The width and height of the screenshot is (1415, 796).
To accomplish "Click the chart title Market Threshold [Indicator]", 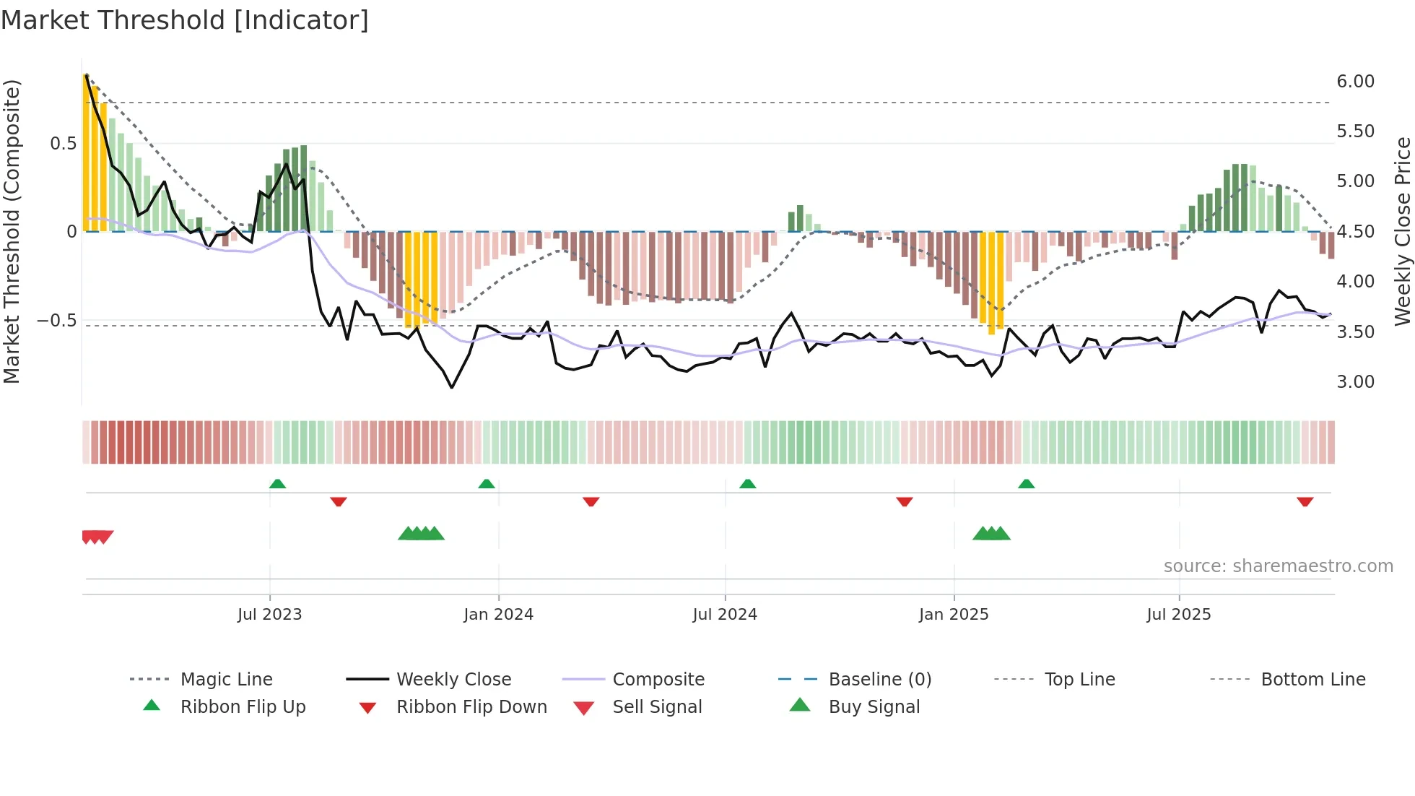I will (x=185, y=20).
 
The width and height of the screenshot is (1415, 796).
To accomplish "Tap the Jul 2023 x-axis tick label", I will (x=269, y=615).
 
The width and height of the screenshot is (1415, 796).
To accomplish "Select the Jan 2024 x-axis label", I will (x=498, y=615).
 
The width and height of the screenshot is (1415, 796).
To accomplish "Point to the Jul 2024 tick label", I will (x=725, y=615).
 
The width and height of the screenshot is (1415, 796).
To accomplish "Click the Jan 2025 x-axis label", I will (x=954, y=615).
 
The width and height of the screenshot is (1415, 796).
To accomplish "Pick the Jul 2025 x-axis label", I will (x=1179, y=615).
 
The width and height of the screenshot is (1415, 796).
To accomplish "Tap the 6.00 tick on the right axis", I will (x=1355, y=82).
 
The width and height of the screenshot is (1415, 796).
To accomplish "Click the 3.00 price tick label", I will (x=1355, y=382).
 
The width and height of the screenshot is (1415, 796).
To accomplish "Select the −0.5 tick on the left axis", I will (x=57, y=321).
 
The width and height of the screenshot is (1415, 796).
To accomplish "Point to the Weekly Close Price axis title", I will (x=1402, y=231).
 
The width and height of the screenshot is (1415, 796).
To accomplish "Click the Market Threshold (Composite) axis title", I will (x=12, y=231).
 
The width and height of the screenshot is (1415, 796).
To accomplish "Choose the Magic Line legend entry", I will (x=226, y=680).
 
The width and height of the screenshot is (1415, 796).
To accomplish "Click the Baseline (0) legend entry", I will (x=879, y=680).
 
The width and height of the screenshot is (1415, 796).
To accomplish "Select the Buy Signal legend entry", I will (x=874, y=707).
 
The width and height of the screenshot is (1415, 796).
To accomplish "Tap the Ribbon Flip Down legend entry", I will (x=471, y=707).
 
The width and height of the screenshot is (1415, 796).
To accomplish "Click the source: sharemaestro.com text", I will (x=1278, y=566).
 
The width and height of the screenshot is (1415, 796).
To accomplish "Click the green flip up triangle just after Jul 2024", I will (x=748, y=484).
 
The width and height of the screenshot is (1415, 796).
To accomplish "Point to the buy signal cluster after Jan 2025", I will (x=991, y=534).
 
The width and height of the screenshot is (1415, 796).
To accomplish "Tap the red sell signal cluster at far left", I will (x=97, y=537).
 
